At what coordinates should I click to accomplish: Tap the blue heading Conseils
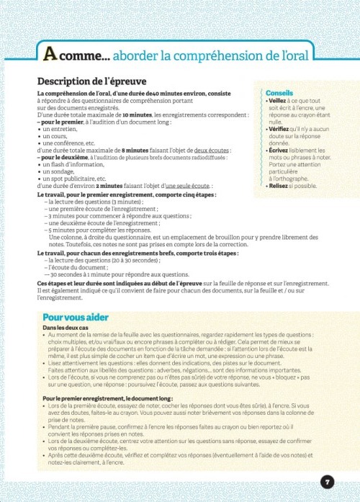279,94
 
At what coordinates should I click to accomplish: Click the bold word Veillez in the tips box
279,102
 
